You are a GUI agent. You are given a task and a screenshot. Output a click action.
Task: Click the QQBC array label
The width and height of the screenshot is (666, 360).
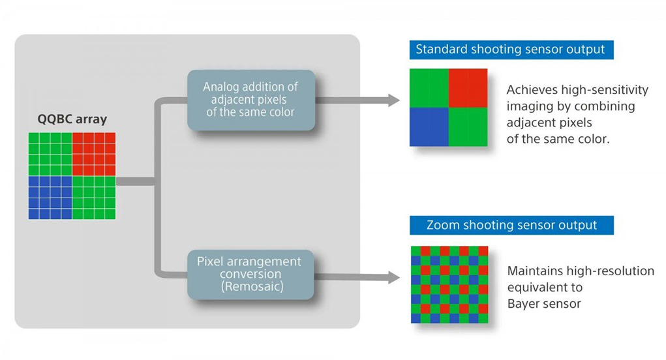[x=72, y=120]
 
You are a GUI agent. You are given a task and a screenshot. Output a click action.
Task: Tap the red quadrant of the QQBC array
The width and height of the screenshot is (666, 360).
[x=93, y=154]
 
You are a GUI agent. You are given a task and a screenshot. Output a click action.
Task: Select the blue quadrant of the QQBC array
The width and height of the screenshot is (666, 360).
[x=50, y=198]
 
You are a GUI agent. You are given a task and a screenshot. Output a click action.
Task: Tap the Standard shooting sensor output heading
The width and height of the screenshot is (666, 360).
[x=511, y=50]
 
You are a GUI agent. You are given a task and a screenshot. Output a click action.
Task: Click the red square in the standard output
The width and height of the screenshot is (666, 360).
[x=468, y=87]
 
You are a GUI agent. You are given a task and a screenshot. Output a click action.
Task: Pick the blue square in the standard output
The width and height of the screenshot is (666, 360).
[x=429, y=126]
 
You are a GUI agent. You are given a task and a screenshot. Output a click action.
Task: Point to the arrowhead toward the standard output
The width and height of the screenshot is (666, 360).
[x=393, y=100]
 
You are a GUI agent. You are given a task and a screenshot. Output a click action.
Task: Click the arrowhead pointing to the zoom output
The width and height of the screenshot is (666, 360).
[x=393, y=277]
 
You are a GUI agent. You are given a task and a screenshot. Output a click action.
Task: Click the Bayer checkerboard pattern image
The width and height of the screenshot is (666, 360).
[x=449, y=284]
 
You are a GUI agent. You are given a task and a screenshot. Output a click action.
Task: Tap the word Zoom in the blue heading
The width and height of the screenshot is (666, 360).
[x=442, y=226]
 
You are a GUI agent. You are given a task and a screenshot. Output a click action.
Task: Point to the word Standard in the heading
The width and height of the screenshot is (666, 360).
[x=440, y=50]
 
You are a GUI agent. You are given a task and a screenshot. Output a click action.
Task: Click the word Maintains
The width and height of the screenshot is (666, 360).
[x=532, y=271]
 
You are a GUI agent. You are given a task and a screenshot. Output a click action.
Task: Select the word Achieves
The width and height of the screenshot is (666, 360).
[x=529, y=89]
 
